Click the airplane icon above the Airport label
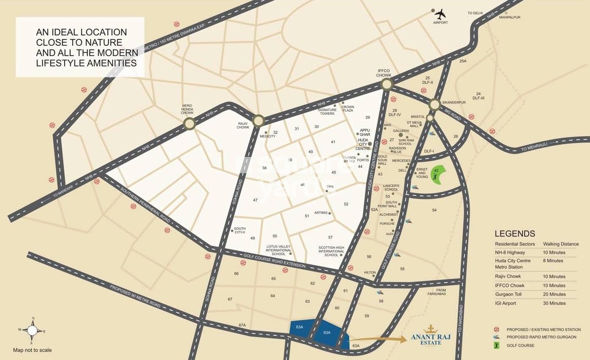tap(440, 14)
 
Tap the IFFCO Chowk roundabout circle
tap(386, 84)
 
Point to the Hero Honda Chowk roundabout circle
tap(189, 124)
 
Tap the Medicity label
tap(267, 136)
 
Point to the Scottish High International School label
tap(331, 251)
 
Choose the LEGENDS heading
tap(515, 234)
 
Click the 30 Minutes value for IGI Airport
tap(554, 303)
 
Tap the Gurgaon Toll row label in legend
tap(509, 294)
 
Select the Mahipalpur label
tap(510, 17)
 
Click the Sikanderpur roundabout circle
tap(434, 104)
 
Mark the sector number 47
tap(255, 200)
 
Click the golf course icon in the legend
tap(497, 345)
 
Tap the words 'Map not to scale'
tap(32, 350)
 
